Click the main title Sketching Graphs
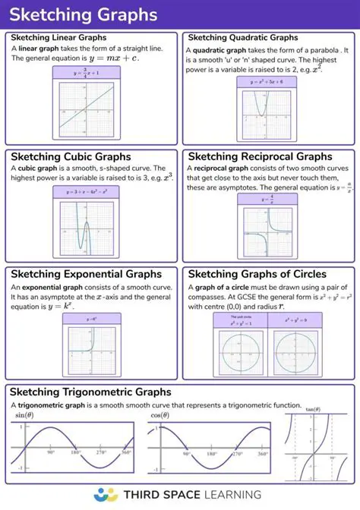point(84,14)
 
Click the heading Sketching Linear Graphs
point(58,37)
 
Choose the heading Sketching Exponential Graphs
point(88,274)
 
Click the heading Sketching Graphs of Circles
point(257,274)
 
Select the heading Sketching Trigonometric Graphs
point(90,392)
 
